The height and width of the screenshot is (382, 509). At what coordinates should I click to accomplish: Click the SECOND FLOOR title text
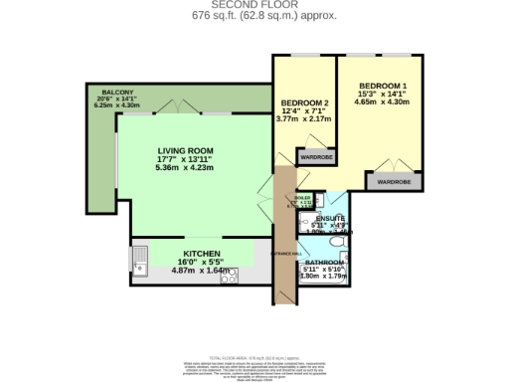254,4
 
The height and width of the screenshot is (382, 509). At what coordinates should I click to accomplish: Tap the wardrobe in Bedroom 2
316,156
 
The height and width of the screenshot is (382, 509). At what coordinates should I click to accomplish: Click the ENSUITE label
330,218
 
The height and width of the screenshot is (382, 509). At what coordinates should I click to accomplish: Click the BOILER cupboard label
303,198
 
